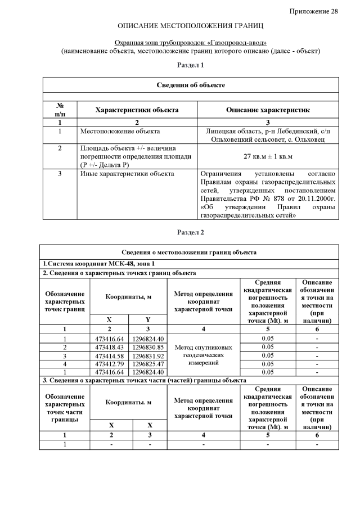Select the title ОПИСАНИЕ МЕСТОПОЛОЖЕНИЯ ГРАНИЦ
coord(191,26)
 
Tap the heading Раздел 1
coord(191,65)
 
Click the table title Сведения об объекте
coord(191,85)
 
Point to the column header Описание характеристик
coord(268,110)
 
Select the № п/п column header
coord(60,110)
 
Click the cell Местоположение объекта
coord(113,131)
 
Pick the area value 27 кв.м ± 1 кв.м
coord(268,156)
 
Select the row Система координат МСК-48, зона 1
coord(99,263)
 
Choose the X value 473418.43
coord(110,347)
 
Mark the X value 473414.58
coord(110,355)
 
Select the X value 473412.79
coord(110,364)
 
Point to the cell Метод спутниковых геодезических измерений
coord(203,355)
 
